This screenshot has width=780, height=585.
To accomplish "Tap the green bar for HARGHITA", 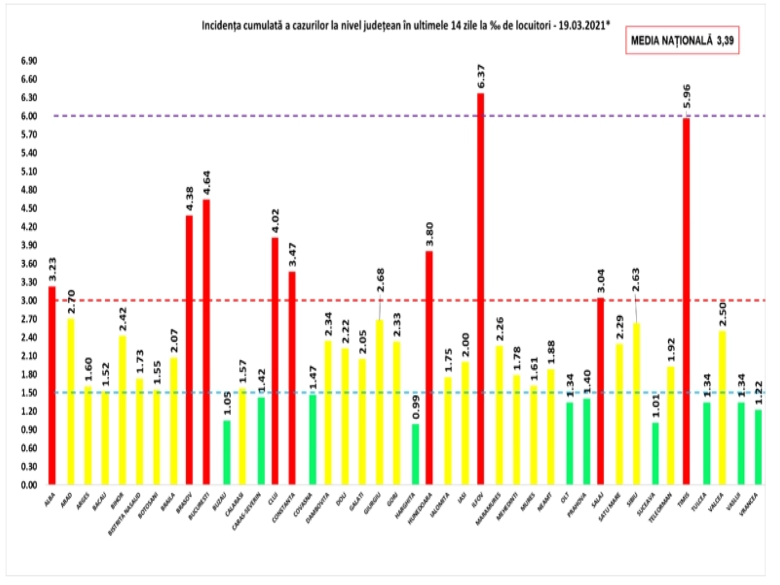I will point(415,454).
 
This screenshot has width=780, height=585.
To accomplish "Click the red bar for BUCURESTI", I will point(206,341).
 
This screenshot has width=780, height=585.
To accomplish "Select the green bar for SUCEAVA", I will point(655,453).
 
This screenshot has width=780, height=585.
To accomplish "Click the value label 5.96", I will point(686,97).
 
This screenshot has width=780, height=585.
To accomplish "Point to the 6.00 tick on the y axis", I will point(29,116).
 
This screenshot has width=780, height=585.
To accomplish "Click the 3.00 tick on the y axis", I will point(29,300).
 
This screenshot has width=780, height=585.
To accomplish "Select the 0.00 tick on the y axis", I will point(29,485).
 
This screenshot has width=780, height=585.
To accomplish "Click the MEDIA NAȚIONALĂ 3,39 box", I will point(682,40).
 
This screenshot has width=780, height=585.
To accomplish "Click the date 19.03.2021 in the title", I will point(583,25).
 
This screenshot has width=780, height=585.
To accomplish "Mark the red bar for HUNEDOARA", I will point(429,368).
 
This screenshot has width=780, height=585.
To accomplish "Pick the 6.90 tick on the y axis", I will point(29,61).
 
